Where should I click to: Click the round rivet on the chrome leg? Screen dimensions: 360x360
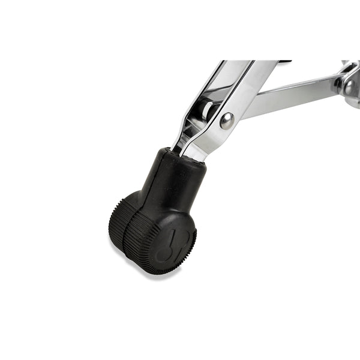click(227, 121)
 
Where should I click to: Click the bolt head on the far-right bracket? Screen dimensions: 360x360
click(350, 85)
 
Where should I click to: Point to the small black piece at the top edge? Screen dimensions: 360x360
click(284, 61)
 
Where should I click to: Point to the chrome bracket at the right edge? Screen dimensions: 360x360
click(348, 78)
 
